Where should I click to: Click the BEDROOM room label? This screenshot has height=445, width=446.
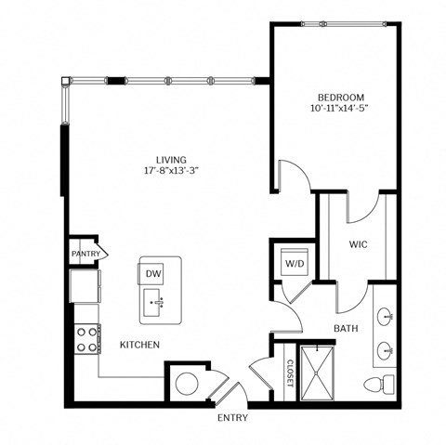(340, 98)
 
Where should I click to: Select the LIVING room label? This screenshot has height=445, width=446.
(172, 157)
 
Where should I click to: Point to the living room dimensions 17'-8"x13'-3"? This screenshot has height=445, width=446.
(172, 170)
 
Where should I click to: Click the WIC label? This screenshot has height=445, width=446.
(361, 246)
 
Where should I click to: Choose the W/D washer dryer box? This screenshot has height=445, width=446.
(294, 264)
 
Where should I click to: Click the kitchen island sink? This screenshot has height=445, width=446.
(156, 301)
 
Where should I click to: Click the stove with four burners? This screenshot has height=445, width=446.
(86, 338)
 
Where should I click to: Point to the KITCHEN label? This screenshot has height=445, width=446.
(139, 345)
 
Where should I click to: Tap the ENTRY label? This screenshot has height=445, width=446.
(232, 418)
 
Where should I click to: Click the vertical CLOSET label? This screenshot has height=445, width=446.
(290, 373)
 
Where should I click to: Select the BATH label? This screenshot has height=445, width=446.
(346, 328)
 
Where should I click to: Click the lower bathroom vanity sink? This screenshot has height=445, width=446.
(385, 350)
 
